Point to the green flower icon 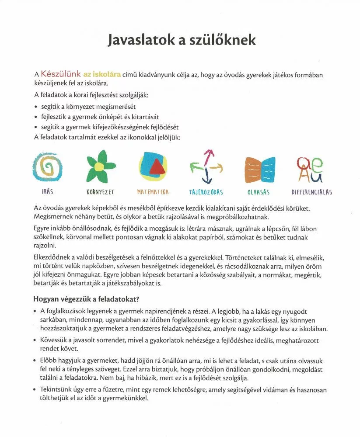pos(100,166)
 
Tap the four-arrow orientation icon pos(207,167)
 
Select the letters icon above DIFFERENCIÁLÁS pos(311,169)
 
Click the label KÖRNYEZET pos(100,192)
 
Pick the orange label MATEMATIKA pos(153,192)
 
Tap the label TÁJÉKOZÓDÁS pos(206,192)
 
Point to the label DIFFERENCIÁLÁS pos(312,192)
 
